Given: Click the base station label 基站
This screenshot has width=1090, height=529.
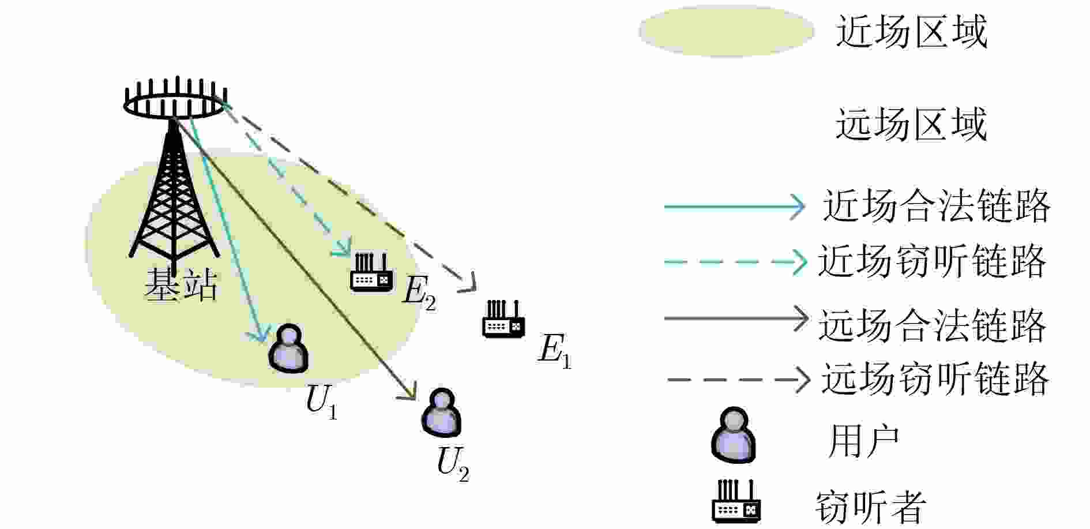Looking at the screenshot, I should (181, 284).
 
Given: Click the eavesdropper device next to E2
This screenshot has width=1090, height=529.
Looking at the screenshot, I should (371, 273).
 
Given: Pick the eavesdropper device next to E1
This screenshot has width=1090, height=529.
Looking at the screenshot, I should (503, 319).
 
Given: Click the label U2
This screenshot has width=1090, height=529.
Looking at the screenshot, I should (453, 465).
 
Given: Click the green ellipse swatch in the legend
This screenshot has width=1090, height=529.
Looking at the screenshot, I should (726, 31).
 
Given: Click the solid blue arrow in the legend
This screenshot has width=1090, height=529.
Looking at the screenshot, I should (735, 206).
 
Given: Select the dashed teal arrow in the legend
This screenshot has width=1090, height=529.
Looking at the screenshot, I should (735, 262).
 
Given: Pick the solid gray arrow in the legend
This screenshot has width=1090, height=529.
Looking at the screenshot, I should (736, 318).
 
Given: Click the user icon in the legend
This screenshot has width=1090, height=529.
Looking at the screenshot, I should (733, 435).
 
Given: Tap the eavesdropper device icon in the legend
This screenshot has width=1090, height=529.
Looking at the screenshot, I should (736, 501).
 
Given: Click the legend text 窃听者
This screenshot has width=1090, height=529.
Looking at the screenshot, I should (870, 507).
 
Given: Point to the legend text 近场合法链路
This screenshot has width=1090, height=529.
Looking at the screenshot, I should (936, 206).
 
